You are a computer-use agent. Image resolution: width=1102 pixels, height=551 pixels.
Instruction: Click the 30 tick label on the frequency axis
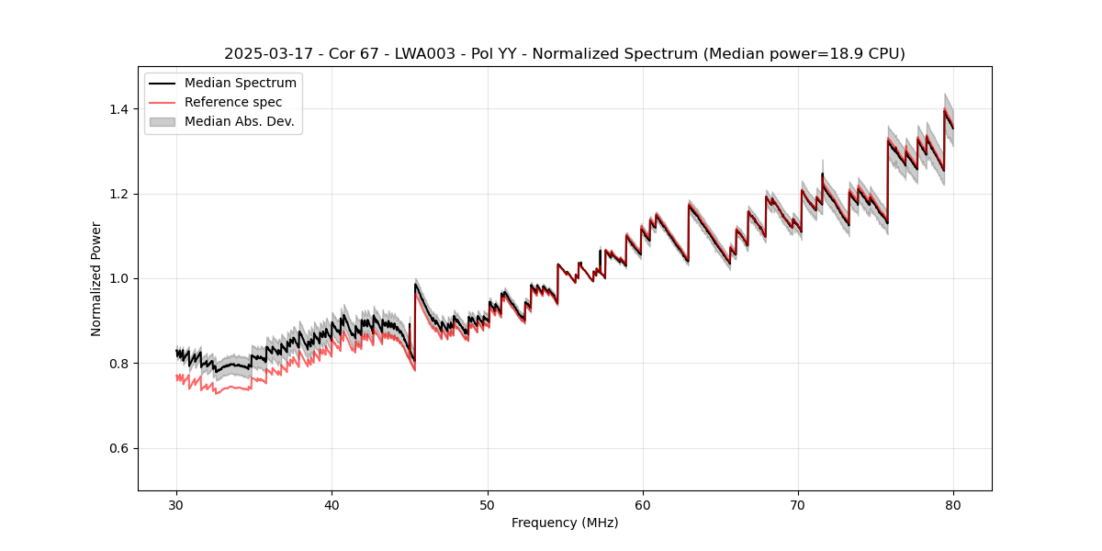(x=176, y=504)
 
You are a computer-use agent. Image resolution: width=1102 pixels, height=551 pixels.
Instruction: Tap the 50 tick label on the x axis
(x=488, y=504)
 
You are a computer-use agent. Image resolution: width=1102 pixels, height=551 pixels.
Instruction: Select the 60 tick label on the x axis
(x=643, y=504)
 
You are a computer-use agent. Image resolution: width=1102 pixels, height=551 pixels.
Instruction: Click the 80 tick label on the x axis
(x=953, y=504)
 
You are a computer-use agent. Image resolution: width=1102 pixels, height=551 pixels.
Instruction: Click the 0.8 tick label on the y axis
(x=120, y=364)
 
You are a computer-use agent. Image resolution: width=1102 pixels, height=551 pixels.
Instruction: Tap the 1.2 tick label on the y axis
(x=120, y=194)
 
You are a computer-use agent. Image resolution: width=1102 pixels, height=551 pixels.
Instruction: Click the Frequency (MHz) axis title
(x=565, y=523)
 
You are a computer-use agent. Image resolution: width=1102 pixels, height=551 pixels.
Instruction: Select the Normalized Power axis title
(x=96, y=278)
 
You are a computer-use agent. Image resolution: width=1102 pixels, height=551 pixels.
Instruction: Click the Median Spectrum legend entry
(x=240, y=84)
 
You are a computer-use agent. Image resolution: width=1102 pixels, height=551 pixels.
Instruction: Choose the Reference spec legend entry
(x=233, y=102)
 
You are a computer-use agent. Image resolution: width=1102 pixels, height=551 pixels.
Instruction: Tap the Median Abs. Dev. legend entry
(x=239, y=121)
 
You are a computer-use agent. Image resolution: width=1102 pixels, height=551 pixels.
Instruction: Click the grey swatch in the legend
(x=164, y=121)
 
